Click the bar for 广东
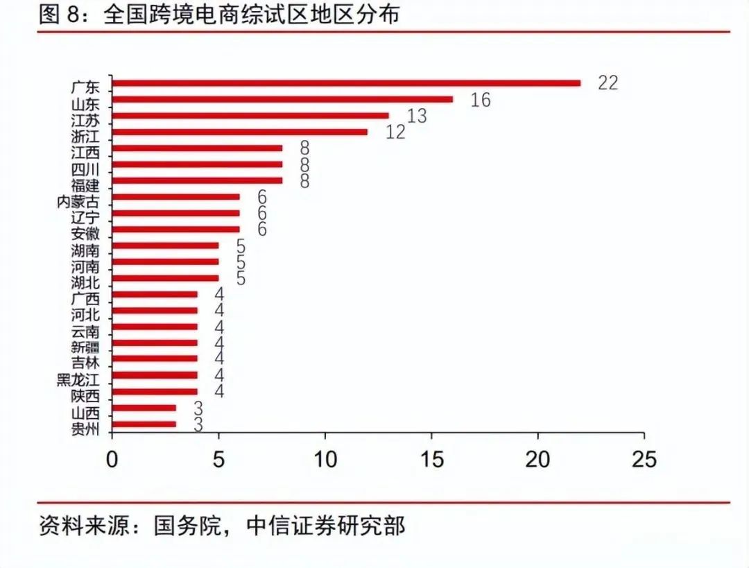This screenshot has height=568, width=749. (x=346, y=83)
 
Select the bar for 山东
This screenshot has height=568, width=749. (x=282, y=99)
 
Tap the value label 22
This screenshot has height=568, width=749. (x=608, y=83)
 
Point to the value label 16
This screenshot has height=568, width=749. (x=480, y=101)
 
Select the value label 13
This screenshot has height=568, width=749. (x=417, y=116)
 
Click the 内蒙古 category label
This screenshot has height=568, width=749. (x=78, y=202)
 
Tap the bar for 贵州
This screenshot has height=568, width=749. (x=144, y=424)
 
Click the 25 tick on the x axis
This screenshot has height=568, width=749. (x=644, y=459)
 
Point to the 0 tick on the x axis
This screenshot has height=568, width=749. (x=112, y=459)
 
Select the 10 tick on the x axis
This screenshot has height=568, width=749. (x=325, y=459)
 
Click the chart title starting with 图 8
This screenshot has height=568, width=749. (x=219, y=15)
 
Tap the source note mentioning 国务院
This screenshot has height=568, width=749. (x=222, y=526)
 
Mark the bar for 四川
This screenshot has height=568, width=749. (x=197, y=164)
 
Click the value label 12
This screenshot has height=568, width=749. (x=395, y=132)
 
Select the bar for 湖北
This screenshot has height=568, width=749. (x=165, y=278)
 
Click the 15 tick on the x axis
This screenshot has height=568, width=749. (x=431, y=459)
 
